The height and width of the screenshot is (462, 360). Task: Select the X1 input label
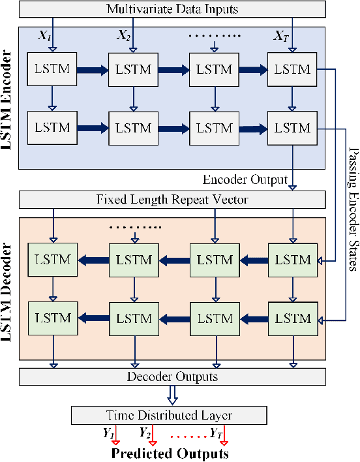(45, 34)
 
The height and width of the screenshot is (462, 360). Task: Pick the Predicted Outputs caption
(170, 453)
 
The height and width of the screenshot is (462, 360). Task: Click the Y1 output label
(108, 432)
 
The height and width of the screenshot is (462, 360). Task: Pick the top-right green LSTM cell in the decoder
(292, 260)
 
